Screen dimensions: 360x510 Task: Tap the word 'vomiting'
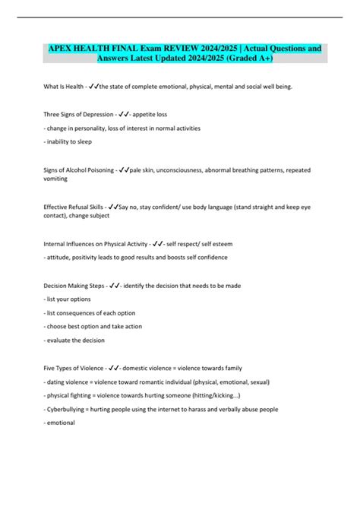point(57,180)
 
